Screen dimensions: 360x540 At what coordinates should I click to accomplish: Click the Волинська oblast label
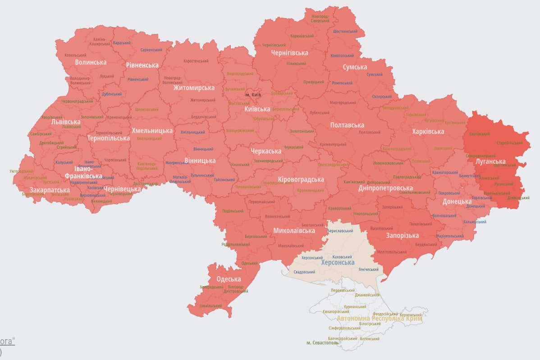point(91,62)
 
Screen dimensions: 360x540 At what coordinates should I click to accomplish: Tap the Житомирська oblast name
point(194,87)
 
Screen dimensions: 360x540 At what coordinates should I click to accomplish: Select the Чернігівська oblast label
point(289,53)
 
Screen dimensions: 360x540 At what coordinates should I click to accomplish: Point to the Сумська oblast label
point(355,67)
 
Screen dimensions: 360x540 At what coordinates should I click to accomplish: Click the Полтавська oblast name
point(347,125)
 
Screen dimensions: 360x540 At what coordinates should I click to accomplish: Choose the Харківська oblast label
point(428,132)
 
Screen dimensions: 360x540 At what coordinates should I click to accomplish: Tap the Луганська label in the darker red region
point(490,161)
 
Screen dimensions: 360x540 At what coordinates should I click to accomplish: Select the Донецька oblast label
point(457,201)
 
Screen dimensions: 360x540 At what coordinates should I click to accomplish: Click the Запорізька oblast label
point(403,235)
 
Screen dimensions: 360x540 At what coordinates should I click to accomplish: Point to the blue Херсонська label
point(338,262)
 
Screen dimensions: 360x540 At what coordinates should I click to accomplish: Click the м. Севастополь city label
point(322,343)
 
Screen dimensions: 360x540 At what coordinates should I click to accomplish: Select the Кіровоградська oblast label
point(301,179)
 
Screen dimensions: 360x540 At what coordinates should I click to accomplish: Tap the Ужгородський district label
point(21,171)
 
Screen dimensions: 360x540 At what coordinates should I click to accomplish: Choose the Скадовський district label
point(304,272)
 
